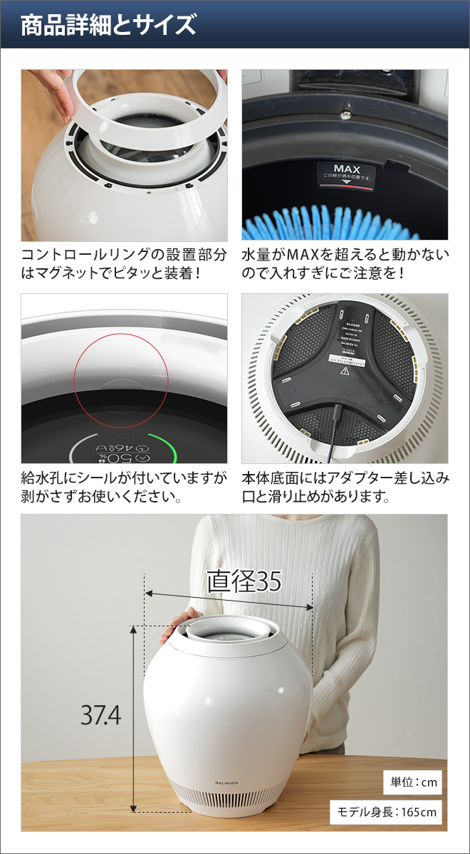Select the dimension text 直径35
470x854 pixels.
tap(244, 581)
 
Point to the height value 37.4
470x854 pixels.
tap(100, 715)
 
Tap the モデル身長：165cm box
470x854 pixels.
tap(386, 811)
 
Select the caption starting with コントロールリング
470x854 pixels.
tap(124, 263)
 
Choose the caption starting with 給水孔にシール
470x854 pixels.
tap(124, 486)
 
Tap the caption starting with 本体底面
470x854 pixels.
tap(345, 486)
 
